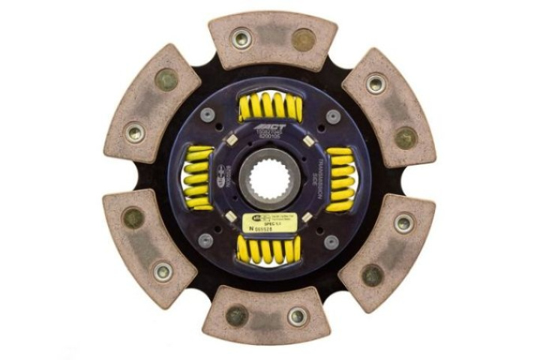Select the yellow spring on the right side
340,178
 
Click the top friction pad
271,39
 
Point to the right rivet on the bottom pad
297,316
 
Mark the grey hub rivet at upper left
208,115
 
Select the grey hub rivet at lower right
331,241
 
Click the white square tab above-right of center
307,140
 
